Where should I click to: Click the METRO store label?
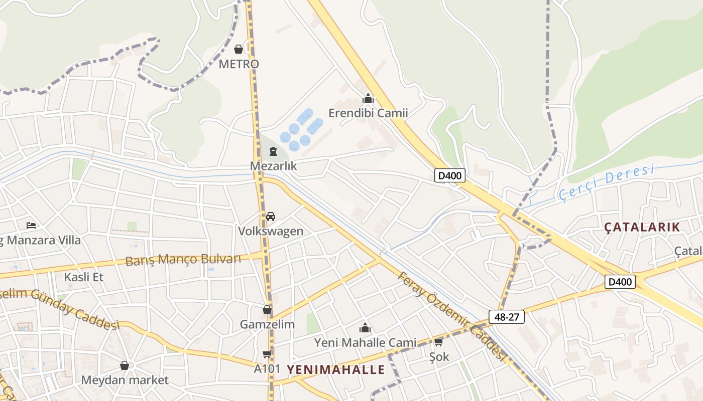239,64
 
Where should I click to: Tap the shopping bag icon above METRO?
239,49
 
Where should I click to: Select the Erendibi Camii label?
368,113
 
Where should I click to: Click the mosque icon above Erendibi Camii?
368,98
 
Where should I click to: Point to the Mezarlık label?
274,166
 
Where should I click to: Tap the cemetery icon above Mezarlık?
273,151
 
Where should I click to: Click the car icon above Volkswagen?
271,217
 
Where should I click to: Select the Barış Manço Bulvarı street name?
183,260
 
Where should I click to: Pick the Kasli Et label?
84,277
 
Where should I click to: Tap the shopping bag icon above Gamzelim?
267,310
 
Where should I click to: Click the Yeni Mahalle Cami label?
365,343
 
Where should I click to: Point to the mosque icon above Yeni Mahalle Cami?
365,328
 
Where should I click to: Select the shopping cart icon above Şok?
439,342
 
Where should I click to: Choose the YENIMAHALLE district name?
335,370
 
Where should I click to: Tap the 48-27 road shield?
507,317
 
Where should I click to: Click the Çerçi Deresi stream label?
606,183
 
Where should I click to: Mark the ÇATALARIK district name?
642,227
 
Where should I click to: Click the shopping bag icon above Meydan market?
125,365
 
